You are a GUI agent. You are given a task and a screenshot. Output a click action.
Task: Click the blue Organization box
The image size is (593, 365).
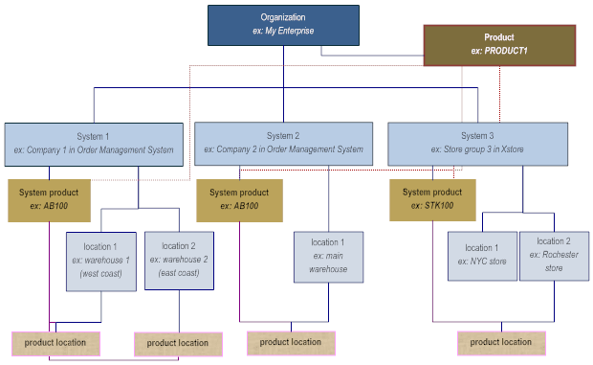[283, 25]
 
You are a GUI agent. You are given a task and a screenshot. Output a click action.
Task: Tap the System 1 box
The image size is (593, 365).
[94, 143]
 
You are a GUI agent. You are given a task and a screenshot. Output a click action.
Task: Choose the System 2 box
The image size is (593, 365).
[283, 142]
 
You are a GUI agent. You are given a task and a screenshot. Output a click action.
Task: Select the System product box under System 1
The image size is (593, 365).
[49, 199]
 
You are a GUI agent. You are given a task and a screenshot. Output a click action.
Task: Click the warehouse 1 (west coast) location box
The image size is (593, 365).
[100, 260]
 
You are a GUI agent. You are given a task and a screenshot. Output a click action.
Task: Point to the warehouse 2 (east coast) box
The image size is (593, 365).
[178, 260]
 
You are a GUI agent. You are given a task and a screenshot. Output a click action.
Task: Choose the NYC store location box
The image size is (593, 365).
[481, 254]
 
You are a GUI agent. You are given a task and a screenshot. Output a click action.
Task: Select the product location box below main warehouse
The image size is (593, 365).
[291, 342]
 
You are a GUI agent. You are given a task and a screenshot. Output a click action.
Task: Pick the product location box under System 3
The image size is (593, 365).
[501, 342]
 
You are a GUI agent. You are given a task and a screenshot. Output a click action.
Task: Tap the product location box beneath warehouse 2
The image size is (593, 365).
[178, 343]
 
